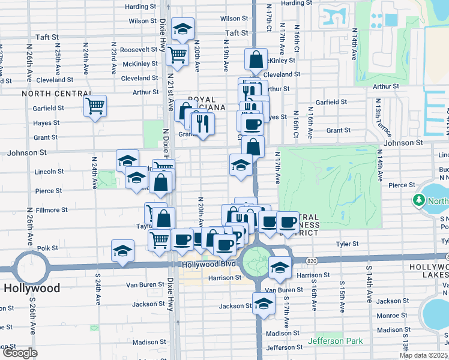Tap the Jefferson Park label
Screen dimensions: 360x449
click(x=336, y=341)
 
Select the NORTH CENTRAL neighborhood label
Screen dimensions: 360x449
click(x=50, y=94)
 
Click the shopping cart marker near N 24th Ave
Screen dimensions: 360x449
click(x=95, y=106)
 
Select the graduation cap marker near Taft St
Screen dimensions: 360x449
click(x=182, y=28)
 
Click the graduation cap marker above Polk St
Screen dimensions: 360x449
click(x=122, y=250)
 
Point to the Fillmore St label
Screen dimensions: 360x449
click(x=52, y=210)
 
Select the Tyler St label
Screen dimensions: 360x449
click(x=347, y=244)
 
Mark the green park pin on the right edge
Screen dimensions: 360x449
click(x=419, y=199)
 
